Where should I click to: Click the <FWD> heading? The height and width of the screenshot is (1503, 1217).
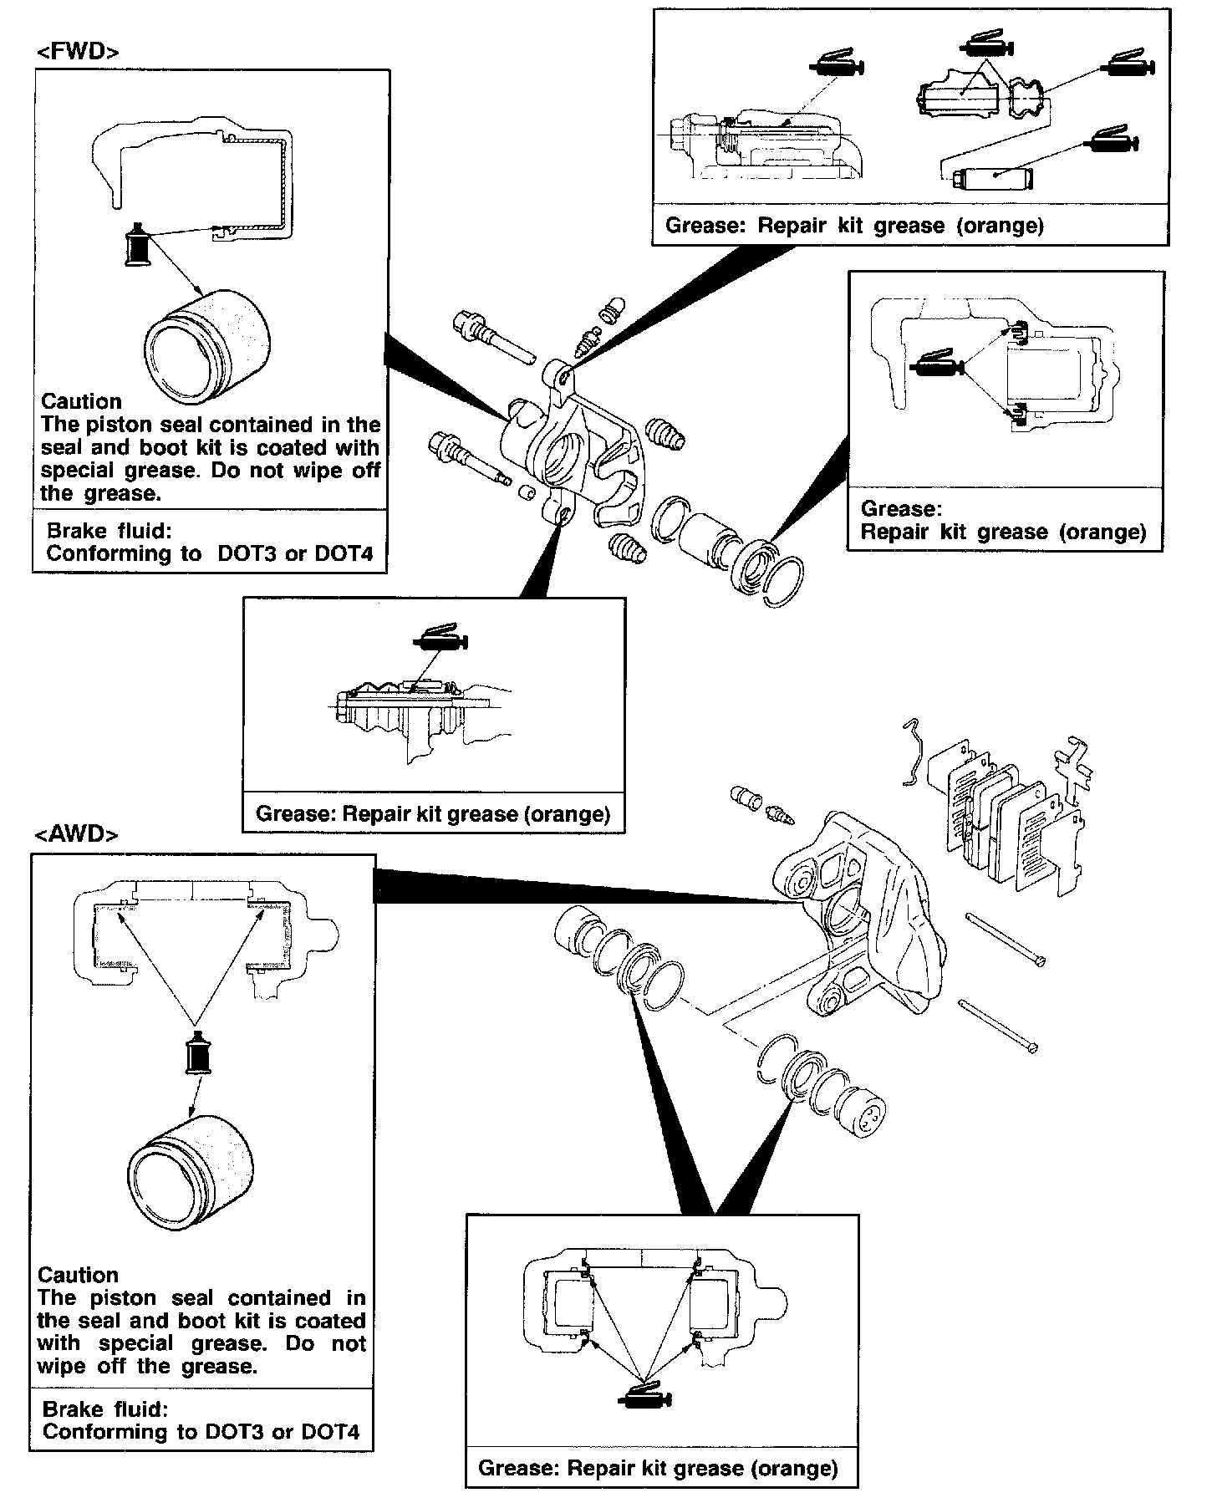78,52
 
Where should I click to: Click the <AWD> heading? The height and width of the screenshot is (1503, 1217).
76,834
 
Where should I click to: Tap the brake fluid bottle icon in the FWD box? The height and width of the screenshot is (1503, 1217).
136,246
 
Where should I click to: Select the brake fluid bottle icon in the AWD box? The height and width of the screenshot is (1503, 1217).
198,1053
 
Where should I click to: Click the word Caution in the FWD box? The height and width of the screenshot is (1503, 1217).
81,401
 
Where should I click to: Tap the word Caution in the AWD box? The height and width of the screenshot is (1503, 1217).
78,1275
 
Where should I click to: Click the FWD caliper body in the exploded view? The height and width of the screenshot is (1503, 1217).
568,451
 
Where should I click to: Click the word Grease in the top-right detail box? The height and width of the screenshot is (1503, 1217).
700,226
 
